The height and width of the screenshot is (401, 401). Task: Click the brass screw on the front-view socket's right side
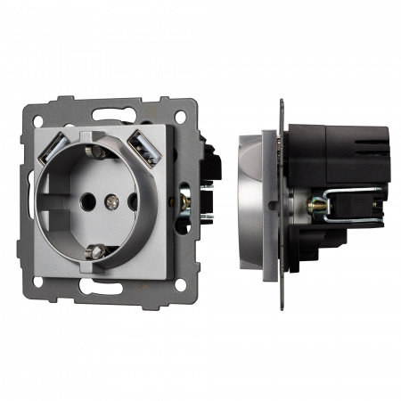(184, 201)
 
